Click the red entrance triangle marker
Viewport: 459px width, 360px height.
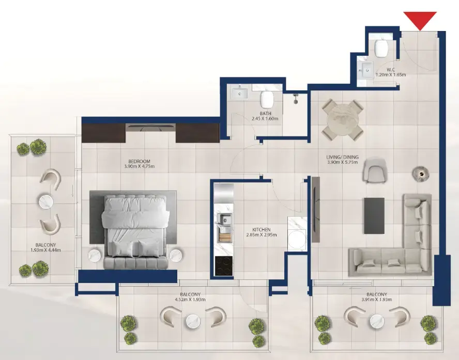(420, 20)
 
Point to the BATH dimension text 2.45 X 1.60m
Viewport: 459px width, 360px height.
(266, 119)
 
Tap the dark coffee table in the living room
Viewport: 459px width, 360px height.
(374, 215)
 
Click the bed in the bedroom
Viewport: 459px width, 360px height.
(135, 229)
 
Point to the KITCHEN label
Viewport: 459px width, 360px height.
(261, 229)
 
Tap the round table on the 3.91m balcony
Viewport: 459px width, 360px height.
(376, 321)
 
